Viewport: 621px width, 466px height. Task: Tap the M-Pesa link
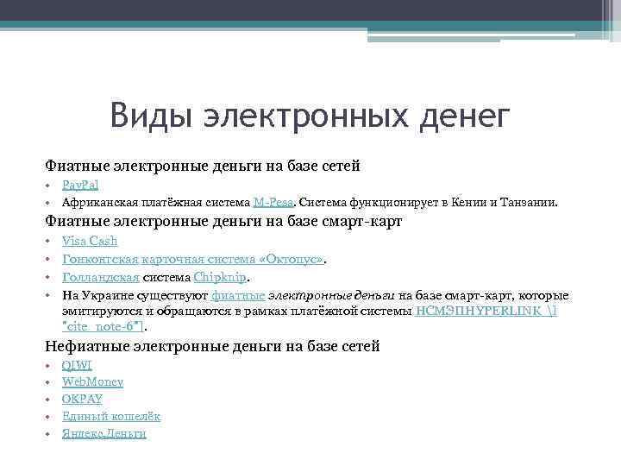coord(274,203)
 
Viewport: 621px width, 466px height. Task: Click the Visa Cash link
coord(90,241)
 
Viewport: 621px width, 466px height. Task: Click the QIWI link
coord(77,365)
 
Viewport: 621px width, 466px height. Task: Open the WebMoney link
coord(92,381)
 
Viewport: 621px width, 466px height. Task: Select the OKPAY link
coord(82,399)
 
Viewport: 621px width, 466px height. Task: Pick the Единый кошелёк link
coord(111,416)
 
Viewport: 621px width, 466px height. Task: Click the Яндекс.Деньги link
coord(103,433)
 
